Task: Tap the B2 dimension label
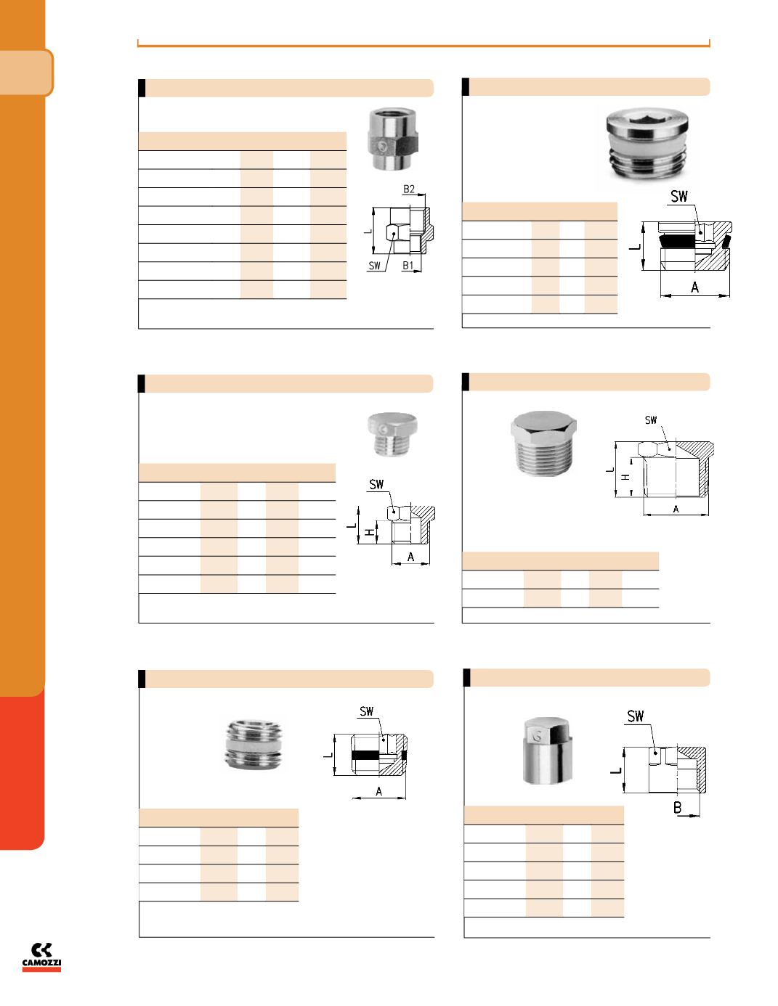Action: [x=409, y=189]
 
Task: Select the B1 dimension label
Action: [x=408, y=265]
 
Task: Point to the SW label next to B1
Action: [x=374, y=266]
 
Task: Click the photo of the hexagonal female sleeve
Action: [x=393, y=139]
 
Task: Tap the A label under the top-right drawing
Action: [x=694, y=287]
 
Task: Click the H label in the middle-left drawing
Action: [x=370, y=533]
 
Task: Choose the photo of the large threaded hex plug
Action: [x=543, y=443]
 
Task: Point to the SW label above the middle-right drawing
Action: [x=651, y=420]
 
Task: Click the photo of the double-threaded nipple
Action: [x=254, y=745]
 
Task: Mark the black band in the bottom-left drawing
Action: [x=366, y=755]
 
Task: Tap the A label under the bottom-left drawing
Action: [x=378, y=791]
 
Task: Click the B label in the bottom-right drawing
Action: [x=677, y=808]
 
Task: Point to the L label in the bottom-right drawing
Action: [x=616, y=771]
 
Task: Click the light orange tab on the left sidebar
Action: [x=26, y=73]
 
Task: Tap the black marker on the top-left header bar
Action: [x=142, y=88]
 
